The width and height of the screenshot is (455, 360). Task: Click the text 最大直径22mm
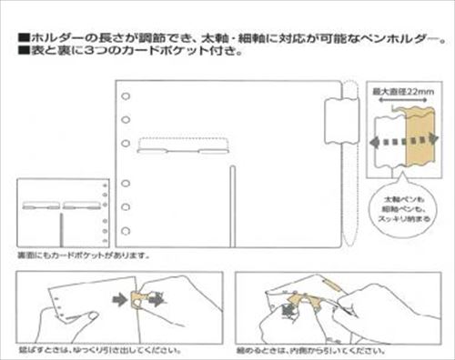tap(406, 93)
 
